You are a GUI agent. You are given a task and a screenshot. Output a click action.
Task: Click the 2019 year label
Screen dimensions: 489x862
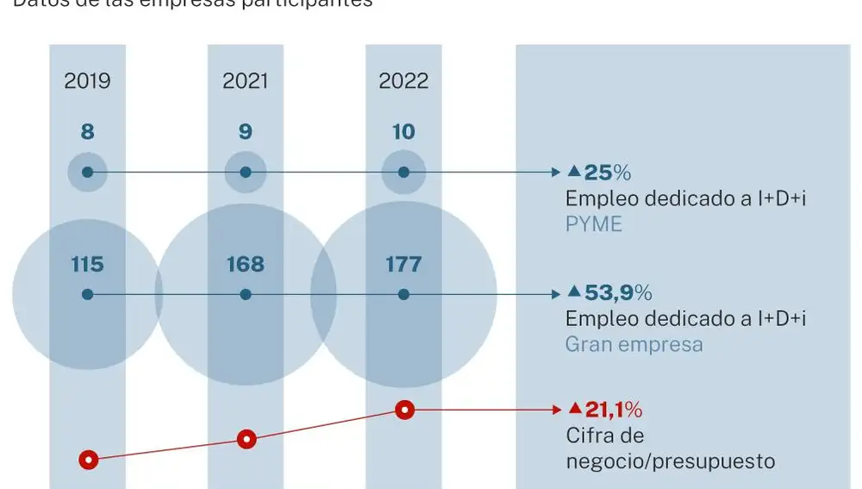87,81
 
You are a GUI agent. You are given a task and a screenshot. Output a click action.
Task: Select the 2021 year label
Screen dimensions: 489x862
245,81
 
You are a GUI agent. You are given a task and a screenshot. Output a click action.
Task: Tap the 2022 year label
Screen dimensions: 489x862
403,81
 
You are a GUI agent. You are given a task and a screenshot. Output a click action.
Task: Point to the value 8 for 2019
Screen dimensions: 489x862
87,132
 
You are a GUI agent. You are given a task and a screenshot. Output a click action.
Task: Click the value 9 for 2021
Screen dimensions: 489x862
245,132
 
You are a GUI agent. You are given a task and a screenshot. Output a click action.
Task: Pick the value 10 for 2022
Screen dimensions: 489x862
403,132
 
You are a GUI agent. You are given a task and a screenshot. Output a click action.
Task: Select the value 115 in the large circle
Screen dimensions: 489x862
87,264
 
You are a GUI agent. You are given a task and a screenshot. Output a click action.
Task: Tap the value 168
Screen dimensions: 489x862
245,264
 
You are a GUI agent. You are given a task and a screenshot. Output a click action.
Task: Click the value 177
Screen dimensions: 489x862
403,264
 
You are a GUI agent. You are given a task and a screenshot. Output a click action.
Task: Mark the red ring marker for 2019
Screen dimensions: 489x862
88,460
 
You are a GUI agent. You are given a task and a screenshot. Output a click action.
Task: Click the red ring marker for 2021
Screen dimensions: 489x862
247,440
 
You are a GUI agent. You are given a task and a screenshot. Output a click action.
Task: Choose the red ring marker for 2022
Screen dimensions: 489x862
404,410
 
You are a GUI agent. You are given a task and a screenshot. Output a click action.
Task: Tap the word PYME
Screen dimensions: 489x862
593,224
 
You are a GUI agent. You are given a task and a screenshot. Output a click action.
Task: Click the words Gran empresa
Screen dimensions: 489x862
634,345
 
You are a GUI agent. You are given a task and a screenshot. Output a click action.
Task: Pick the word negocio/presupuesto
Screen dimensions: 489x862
670,461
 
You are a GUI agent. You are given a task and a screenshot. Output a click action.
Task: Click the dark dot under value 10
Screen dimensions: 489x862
403,172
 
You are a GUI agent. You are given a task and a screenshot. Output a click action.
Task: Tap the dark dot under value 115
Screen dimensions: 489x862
87,294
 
